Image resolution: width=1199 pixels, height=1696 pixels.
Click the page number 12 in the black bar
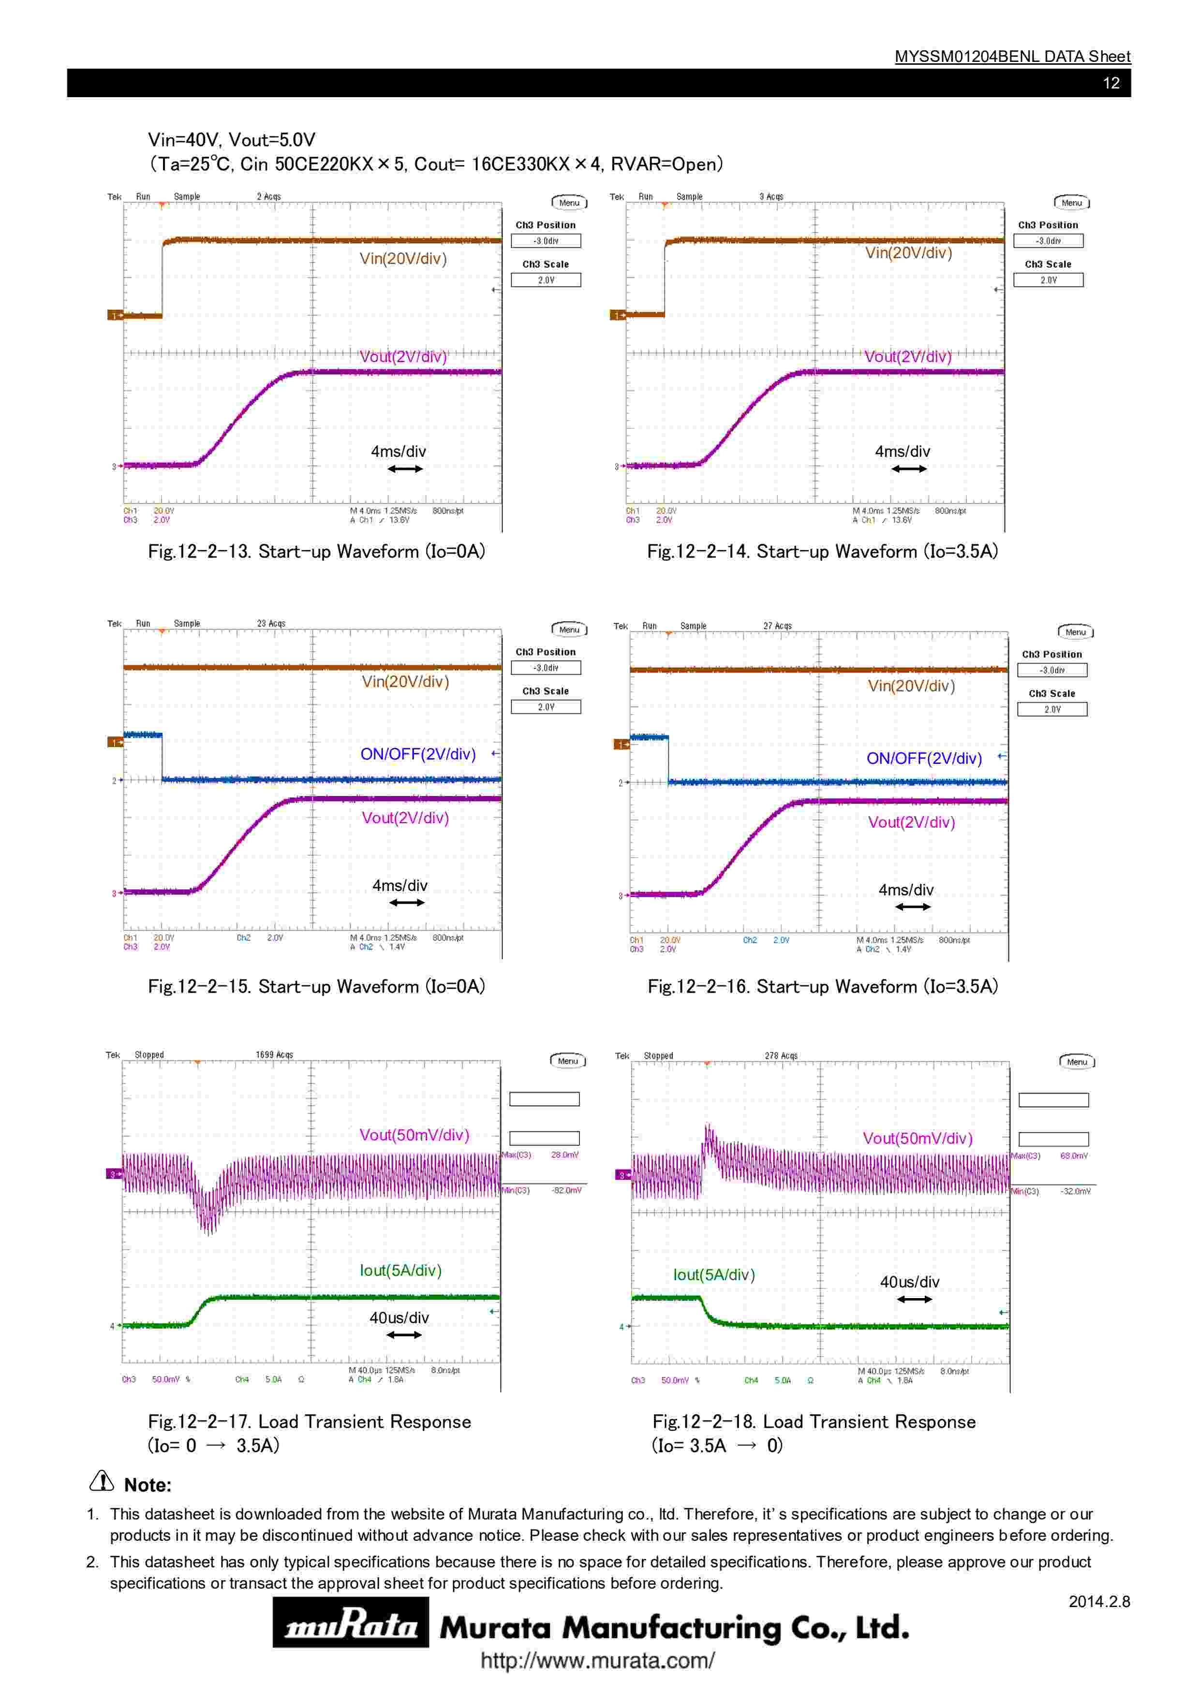tap(1110, 83)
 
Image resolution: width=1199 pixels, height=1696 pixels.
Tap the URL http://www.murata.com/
tap(597, 1661)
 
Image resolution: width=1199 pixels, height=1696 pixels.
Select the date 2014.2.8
tap(1098, 1601)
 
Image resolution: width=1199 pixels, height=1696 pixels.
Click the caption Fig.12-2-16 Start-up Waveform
tap(822, 986)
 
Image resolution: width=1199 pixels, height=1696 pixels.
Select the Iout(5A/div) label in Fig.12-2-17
tap(400, 1271)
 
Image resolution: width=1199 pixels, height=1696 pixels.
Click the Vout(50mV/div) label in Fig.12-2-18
tap(918, 1138)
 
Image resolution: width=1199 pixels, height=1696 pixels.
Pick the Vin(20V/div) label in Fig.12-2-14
tap(908, 253)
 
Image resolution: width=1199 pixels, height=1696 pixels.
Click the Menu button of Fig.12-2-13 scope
tap(569, 203)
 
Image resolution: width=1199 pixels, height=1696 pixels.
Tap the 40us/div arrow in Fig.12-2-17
tap(403, 1335)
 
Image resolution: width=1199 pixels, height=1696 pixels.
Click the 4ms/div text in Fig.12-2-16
tap(906, 890)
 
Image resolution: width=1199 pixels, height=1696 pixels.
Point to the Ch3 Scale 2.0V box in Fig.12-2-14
tap(1048, 280)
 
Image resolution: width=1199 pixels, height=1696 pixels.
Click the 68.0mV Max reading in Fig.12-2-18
tap(1073, 1156)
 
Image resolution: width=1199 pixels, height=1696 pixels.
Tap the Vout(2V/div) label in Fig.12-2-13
tap(402, 357)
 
